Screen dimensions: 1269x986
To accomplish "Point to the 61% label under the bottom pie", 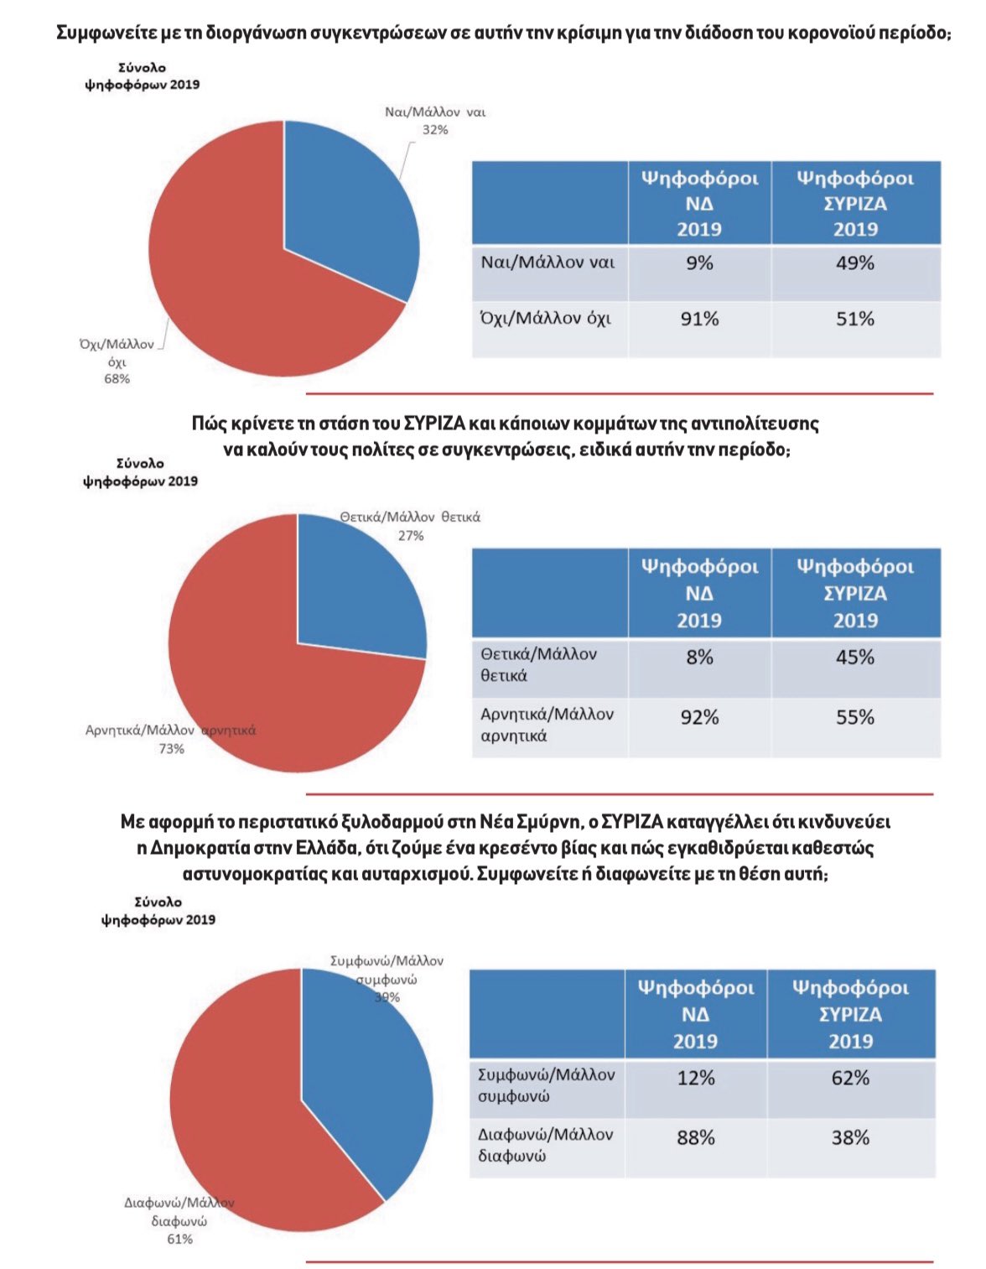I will click(179, 1239).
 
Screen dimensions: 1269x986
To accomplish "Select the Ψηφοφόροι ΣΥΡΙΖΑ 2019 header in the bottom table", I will click(850, 1014).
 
